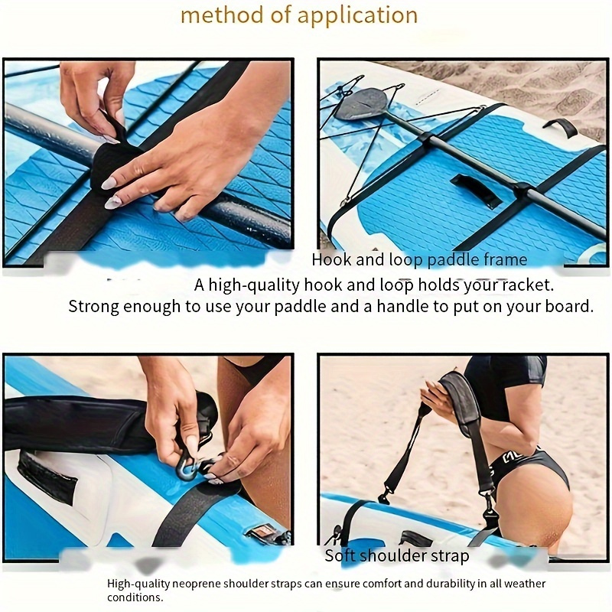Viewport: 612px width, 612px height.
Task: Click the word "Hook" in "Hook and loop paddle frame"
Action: tap(330, 260)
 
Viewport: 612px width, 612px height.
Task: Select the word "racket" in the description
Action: tap(527, 285)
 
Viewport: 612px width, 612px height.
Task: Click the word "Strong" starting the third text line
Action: tap(94, 307)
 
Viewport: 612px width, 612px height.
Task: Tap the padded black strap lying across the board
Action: tap(76, 422)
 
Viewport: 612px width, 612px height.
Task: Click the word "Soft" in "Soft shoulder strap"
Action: tap(340, 556)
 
